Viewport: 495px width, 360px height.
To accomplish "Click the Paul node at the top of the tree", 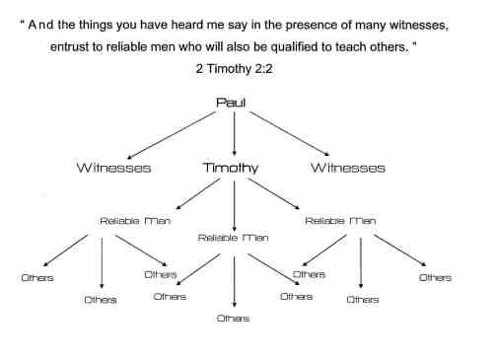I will (234, 102).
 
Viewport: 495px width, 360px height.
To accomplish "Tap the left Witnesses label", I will (114, 168).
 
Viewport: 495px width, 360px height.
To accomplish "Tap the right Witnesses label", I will (347, 168).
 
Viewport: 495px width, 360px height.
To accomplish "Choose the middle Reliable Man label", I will (233, 238).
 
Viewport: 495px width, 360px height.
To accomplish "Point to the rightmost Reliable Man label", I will (338, 221).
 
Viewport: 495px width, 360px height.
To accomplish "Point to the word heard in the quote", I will (174, 25).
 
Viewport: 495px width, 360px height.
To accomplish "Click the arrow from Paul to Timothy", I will (234, 132).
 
